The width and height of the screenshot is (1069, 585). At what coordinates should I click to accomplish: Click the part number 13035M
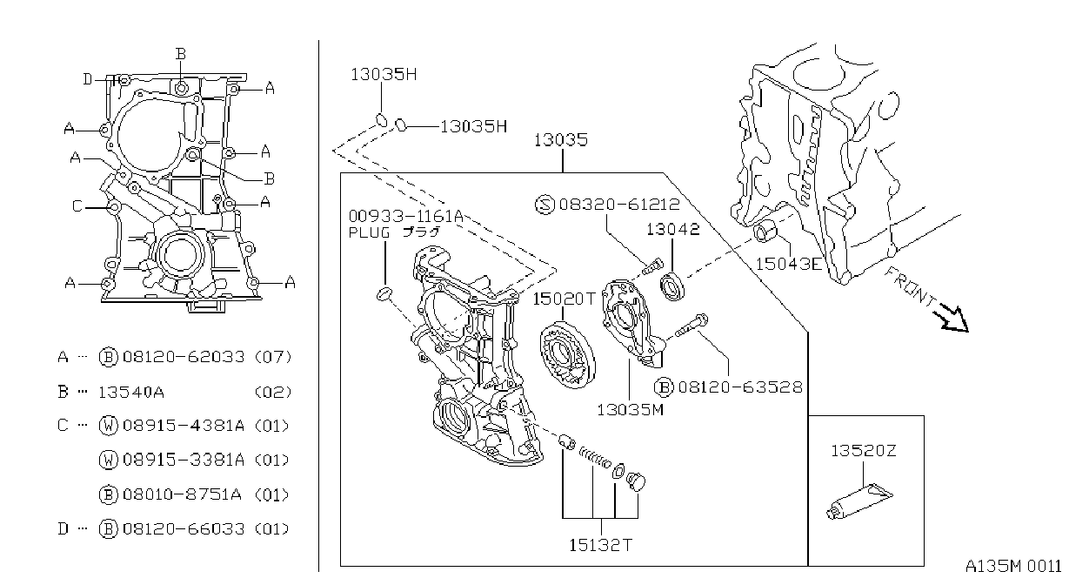pos(631,409)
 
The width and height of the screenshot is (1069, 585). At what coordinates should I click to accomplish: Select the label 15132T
pos(601,545)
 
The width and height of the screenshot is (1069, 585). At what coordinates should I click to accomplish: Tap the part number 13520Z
pos(864,450)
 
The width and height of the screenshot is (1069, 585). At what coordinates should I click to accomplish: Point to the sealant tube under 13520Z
pos(859,501)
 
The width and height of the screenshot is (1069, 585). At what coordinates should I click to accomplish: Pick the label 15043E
pos(789,263)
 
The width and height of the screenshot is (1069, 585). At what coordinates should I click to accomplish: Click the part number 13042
pos(673,230)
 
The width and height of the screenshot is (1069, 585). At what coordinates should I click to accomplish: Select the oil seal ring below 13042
pos(673,286)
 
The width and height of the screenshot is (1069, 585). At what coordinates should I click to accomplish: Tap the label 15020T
pos(565,299)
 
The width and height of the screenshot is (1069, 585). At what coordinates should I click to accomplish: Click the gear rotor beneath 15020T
pos(567,355)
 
